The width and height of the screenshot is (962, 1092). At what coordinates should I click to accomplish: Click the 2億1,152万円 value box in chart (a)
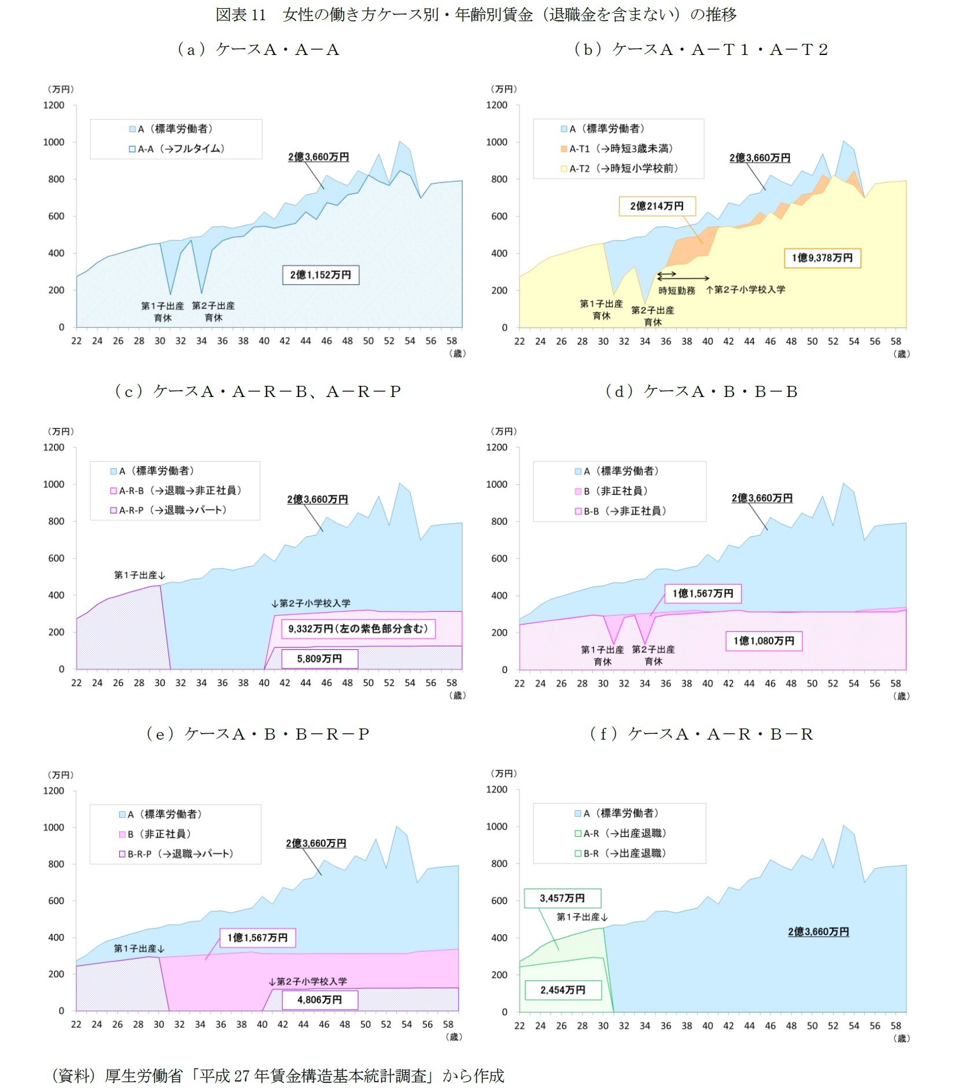(320, 275)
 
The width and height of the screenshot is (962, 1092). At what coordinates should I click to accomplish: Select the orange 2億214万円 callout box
(657, 206)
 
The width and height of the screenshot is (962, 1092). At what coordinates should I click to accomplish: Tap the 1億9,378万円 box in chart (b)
(822, 258)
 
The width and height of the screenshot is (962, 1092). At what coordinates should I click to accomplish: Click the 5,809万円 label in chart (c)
(319, 659)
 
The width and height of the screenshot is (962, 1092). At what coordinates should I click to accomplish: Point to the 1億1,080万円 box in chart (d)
(764, 641)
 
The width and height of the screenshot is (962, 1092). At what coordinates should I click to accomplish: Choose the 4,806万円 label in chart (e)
(319, 999)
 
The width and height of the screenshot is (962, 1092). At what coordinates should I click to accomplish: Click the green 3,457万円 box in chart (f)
(562, 898)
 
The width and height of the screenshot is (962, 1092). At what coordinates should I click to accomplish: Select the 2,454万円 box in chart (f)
(563, 990)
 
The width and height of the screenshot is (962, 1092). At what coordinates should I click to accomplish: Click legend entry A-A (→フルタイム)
(176, 149)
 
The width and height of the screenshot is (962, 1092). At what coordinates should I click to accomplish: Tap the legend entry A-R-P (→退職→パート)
(168, 510)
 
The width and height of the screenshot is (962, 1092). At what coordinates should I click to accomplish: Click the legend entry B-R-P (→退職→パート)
(176, 854)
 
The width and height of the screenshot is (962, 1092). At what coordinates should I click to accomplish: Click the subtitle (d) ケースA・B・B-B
(701, 392)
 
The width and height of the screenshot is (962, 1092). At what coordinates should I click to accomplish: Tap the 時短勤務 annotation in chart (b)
(676, 291)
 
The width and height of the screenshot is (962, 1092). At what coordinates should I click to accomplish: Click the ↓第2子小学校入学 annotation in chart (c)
(311, 603)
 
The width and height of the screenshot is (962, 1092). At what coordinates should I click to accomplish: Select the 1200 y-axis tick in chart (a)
(54, 105)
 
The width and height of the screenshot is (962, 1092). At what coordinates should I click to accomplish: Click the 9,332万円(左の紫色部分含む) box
(357, 628)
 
